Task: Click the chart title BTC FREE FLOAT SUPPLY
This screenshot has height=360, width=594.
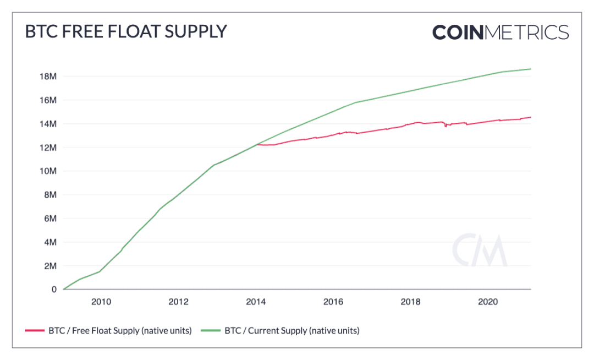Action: (126, 31)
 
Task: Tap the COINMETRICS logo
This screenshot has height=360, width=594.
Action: (501, 32)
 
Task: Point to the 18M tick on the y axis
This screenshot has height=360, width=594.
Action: (48, 77)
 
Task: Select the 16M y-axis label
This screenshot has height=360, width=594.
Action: (48, 100)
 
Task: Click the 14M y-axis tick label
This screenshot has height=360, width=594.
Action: (48, 124)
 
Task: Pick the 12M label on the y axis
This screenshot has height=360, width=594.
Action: (48, 148)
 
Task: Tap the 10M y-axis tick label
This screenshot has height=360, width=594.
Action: (48, 171)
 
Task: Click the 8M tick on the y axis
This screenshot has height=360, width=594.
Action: (51, 195)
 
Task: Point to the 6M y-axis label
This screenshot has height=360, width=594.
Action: (51, 219)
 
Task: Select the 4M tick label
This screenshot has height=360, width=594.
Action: (51, 242)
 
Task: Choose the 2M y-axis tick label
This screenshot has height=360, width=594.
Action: (51, 266)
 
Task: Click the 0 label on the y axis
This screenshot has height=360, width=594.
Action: (54, 290)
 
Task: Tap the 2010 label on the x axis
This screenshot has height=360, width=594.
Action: (101, 302)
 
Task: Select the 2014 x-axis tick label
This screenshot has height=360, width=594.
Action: (256, 302)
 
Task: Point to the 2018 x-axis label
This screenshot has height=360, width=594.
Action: (411, 302)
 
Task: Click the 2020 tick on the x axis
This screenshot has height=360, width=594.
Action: (488, 302)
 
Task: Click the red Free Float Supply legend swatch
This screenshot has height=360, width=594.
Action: (35, 330)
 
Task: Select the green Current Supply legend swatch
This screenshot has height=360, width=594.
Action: (211, 330)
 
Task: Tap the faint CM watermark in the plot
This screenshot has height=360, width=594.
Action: (480, 250)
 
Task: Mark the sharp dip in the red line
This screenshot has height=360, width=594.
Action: (446, 126)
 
